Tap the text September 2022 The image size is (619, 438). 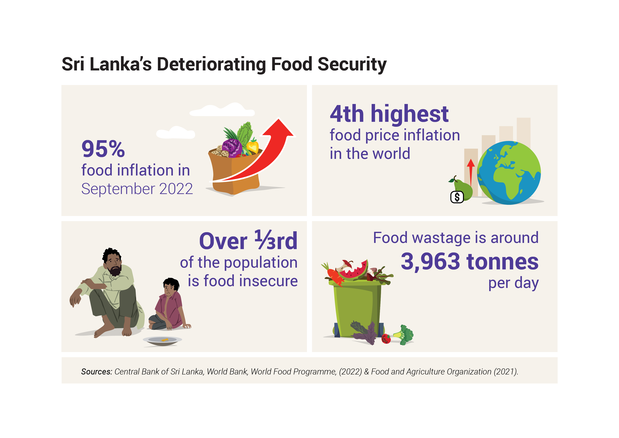(x=137, y=189)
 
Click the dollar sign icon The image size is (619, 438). (x=457, y=197)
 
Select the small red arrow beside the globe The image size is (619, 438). (x=471, y=171)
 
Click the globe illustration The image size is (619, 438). (x=509, y=173)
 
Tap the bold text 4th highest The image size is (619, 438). (x=389, y=114)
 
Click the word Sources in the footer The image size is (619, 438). (x=96, y=372)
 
